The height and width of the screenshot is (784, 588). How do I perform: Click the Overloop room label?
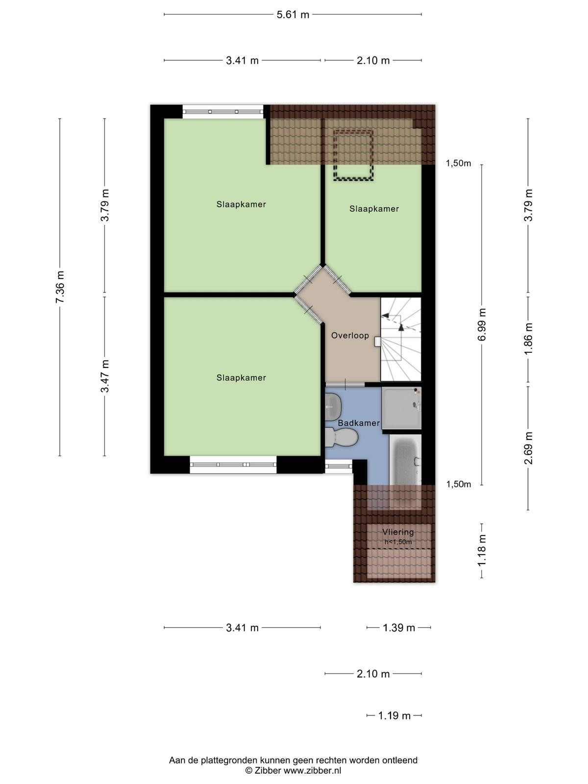point(349,335)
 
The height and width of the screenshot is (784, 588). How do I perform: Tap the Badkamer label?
point(359,423)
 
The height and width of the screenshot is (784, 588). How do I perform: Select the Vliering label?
point(398,532)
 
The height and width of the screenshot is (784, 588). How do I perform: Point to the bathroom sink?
point(333,407)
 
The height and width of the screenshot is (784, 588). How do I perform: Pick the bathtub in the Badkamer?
point(405,459)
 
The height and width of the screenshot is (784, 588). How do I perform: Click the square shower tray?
point(402,408)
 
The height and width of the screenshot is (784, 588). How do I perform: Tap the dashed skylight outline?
point(353,155)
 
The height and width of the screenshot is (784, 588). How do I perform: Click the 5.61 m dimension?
point(293,15)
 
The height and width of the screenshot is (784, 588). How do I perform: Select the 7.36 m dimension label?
point(60,287)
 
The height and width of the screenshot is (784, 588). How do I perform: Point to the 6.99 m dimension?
point(482,325)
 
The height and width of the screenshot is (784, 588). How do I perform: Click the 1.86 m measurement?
point(528,338)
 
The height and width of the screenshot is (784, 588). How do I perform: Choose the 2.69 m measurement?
point(528,448)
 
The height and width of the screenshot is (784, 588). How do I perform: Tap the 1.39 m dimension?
point(399,628)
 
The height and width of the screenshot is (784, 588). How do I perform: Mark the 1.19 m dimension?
point(394,715)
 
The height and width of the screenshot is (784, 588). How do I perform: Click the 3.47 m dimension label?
point(104,376)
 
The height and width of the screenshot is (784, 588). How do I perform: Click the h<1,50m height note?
point(398,542)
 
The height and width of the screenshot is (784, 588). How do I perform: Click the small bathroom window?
point(339,466)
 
